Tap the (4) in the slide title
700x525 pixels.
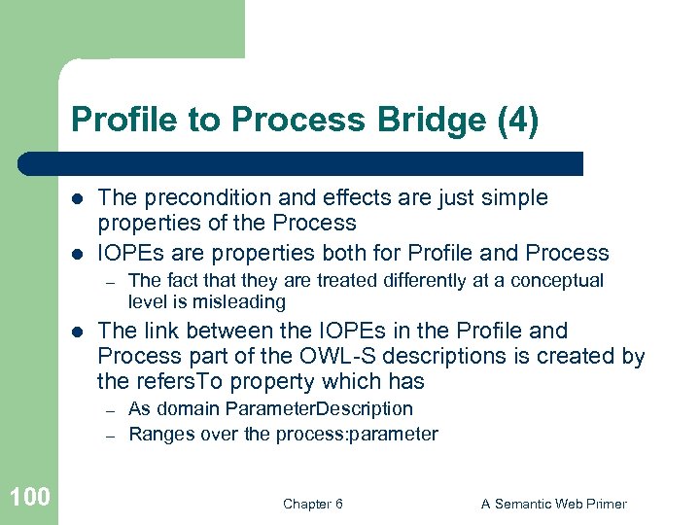517,122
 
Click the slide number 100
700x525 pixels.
29,498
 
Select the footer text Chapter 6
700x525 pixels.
312,504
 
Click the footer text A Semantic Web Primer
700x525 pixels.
554,504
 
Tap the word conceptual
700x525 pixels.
556,281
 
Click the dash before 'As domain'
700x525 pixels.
112,410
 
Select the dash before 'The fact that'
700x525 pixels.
112,282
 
